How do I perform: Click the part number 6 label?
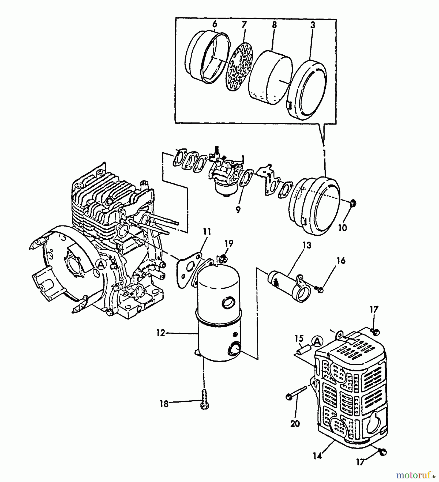[215, 24]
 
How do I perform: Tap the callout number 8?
[274, 25]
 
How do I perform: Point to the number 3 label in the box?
[313, 25]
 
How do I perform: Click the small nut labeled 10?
[353, 204]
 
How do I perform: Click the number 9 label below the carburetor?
[238, 210]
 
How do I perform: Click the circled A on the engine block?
[101, 265]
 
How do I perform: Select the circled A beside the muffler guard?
[317, 341]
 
